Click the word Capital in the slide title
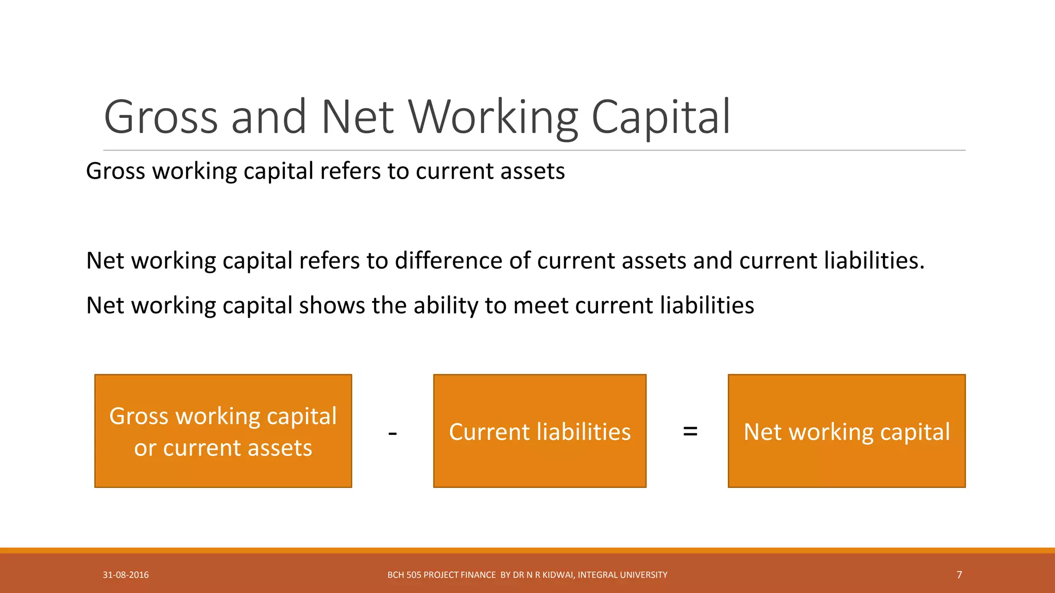661,117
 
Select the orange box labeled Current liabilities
539,431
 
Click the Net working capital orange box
846,431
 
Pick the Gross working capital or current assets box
223,431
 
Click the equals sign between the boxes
690,431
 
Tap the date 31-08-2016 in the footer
126,575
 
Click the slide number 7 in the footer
959,575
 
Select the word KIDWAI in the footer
558,575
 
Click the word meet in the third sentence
541,305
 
